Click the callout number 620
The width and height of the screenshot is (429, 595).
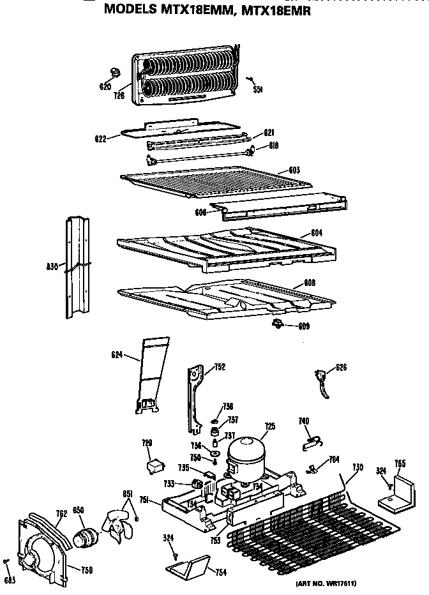point(105,87)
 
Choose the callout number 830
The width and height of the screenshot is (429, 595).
point(53,266)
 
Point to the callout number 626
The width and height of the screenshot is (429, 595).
point(342,368)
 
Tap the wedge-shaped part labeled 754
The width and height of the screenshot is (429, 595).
point(189,566)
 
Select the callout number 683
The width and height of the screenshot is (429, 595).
point(8,578)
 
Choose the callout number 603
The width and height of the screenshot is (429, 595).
point(294,170)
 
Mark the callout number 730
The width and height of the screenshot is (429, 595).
point(358,468)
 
